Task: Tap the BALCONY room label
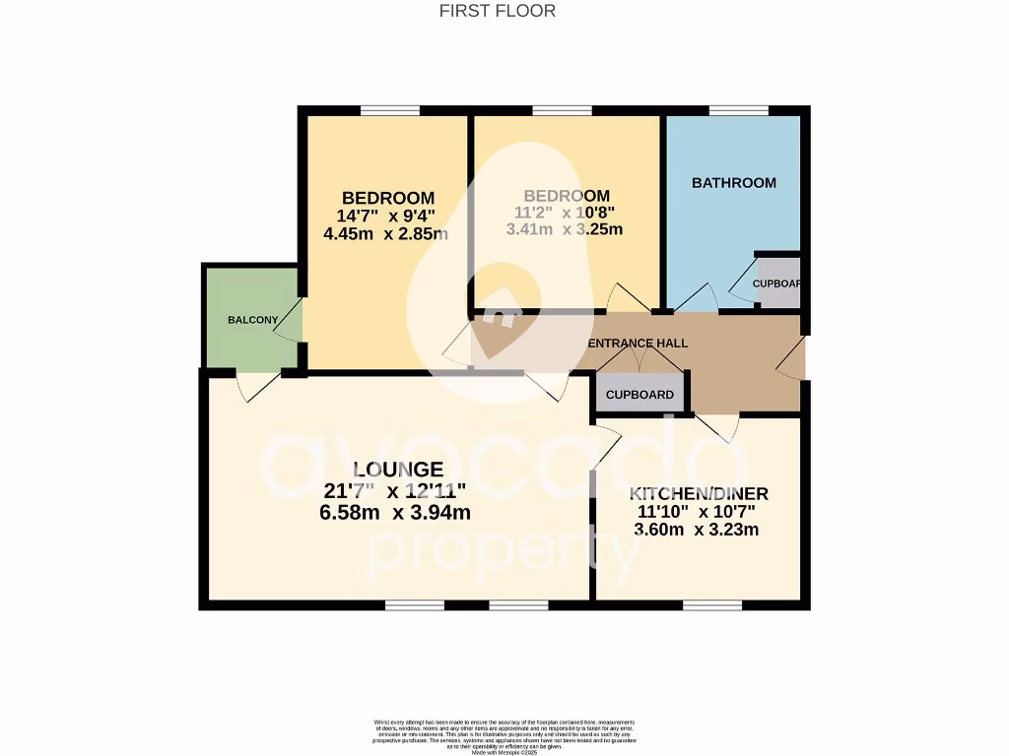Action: (x=253, y=320)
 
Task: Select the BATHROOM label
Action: (x=733, y=183)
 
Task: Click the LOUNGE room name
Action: (x=397, y=470)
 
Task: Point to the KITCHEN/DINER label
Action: (x=700, y=493)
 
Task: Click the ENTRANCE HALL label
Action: (x=638, y=343)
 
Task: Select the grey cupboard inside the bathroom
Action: (x=777, y=283)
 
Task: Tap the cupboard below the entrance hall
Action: (x=639, y=394)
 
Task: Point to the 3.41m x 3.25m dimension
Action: (x=564, y=230)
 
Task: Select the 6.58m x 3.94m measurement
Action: (x=397, y=512)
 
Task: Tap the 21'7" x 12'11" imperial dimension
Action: (x=394, y=491)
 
